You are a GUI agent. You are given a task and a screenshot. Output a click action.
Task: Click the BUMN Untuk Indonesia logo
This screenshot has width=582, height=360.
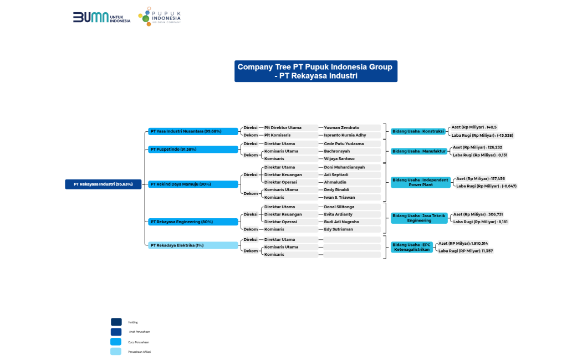coord(101,17)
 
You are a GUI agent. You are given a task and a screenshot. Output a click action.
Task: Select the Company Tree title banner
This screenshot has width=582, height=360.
coord(315,71)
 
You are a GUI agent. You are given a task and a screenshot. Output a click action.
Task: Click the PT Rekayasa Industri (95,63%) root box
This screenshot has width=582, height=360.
coord(103,184)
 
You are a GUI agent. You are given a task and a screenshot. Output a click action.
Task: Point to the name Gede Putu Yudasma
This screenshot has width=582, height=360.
coord(344,143)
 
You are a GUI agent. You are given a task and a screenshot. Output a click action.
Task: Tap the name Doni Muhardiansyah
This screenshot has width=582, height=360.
coord(344,167)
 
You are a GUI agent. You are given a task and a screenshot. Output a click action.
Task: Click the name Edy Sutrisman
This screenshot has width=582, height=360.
coord(338,229)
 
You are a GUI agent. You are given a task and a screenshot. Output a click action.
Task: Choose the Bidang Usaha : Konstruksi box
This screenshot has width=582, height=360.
coord(418,131)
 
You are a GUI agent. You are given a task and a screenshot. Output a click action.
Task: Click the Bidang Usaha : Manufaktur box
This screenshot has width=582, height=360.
coord(419,151)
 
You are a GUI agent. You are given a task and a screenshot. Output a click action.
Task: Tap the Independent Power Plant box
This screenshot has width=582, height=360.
coord(421,182)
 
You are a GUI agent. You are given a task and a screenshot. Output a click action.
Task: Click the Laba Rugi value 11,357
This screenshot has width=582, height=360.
coord(466,251)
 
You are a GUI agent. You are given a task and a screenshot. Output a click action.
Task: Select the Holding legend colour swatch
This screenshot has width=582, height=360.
coord(116,322)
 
